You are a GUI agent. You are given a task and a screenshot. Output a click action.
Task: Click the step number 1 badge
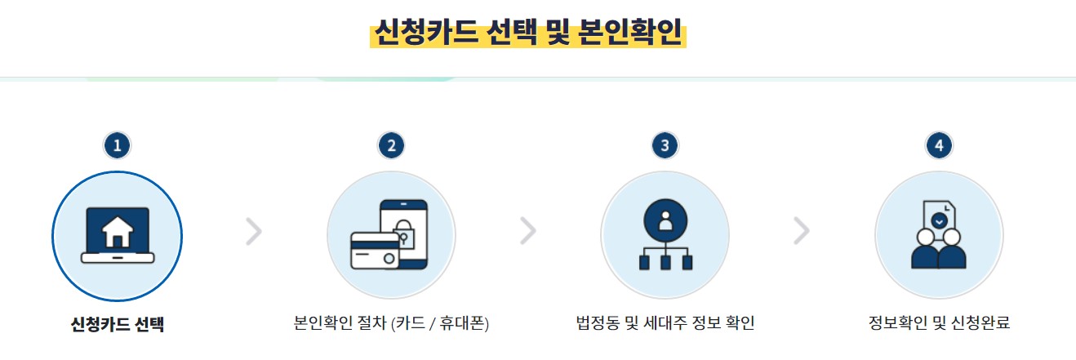[118, 146]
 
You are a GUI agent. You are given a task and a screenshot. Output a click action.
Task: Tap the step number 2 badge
[391, 146]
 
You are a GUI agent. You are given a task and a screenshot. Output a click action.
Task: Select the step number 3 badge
[665, 146]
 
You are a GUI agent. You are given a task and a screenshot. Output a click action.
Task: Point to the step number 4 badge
[939, 146]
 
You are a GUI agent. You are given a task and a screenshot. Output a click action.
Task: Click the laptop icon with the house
[118, 236]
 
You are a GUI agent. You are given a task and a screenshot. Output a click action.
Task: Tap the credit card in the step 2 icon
[375, 250]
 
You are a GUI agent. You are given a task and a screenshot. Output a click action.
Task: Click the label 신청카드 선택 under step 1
[118, 323]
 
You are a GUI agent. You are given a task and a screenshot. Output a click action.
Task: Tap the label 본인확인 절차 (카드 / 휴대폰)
[391, 323]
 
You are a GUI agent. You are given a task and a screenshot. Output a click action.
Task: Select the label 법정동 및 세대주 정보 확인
[665, 323]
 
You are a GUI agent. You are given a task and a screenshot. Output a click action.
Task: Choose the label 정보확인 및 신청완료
[939, 323]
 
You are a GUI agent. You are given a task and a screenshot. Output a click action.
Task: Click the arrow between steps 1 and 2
[254, 232]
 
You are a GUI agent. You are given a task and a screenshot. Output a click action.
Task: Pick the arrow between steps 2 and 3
[528, 232]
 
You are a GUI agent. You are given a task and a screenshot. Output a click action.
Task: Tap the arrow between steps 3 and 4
[802, 232]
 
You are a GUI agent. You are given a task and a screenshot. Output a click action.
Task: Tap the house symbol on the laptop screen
[118, 232]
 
